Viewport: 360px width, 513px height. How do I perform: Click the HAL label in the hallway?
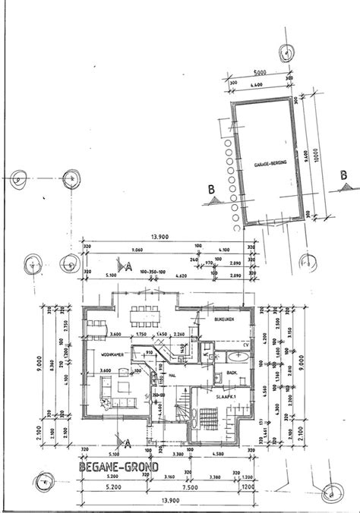coord(172,375)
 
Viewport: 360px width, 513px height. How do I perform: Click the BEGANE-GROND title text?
coord(118,467)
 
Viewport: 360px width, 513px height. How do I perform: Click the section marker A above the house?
coord(129,267)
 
